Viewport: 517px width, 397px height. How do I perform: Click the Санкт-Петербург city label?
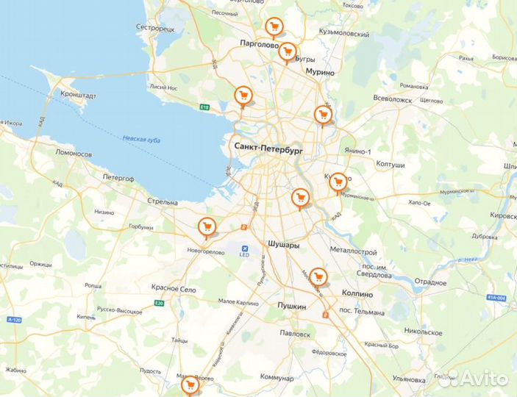pyautogui.click(x=268, y=148)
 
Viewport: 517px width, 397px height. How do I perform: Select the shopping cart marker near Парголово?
pyautogui.click(x=274, y=28)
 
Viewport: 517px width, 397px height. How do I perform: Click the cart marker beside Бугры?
pyautogui.click(x=288, y=51)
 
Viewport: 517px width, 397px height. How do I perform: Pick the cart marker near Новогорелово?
pyautogui.click(x=207, y=227)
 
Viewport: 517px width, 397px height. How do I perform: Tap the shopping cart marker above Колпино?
pyautogui.click(x=318, y=276)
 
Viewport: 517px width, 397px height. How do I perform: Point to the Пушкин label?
pyautogui.click(x=291, y=304)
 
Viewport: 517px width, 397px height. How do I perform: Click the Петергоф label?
pyautogui.click(x=119, y=176)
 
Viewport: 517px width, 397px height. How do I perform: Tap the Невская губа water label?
pyautogui.click(x=141, y=140)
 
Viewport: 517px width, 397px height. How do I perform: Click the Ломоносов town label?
pyautogui.click(x=74, y=154)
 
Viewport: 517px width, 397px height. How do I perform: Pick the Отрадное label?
pyautogui.click(x=430, y=282)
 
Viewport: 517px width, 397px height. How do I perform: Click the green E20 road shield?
pyautogui.click(x=159, y=303)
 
